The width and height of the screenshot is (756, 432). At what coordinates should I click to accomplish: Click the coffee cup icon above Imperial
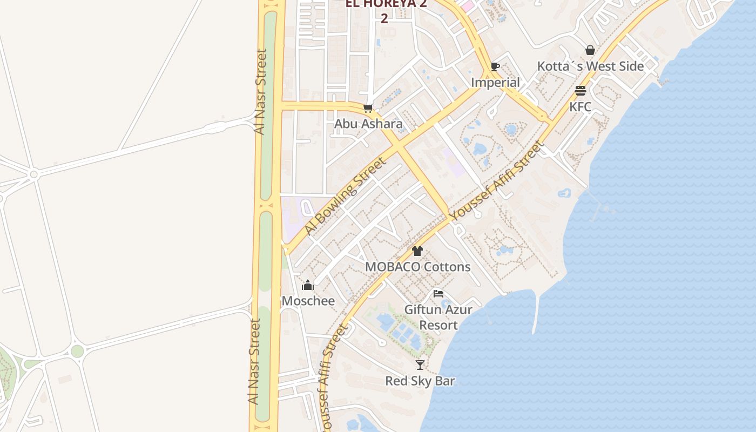[495, 67]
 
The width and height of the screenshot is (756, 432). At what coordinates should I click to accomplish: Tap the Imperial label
[495, 83]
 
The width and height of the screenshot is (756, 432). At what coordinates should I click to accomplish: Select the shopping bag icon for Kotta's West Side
[590, 51]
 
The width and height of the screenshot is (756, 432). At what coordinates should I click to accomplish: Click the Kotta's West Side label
[590, 66]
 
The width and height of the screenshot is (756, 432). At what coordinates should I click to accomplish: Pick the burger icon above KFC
[580, 91]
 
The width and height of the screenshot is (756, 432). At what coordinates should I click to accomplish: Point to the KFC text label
[580, 106]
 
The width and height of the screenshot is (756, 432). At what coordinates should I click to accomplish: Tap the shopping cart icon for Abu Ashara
[368, 109]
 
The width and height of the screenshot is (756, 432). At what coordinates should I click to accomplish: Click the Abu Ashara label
[368, 124]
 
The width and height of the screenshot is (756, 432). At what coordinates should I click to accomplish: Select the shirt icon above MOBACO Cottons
[417, 251]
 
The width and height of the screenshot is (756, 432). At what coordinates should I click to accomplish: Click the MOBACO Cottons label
[417, 267]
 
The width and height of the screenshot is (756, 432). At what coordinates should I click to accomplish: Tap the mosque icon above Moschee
[308, 285]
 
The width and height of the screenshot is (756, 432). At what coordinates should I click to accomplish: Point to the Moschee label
[308, 301]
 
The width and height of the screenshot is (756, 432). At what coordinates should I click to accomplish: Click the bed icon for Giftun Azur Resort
[438, 294]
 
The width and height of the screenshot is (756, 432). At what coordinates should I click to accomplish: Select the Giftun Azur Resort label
[438, 318]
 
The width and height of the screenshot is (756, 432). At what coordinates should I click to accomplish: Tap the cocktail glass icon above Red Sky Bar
[420, 365]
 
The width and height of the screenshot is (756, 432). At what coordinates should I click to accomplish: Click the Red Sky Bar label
[420, 381]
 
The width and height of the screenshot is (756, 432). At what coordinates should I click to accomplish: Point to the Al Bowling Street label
[345, 196]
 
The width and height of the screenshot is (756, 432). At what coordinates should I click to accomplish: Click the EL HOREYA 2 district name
[386, 4]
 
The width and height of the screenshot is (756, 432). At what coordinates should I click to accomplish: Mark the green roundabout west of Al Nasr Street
[77, 352]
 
